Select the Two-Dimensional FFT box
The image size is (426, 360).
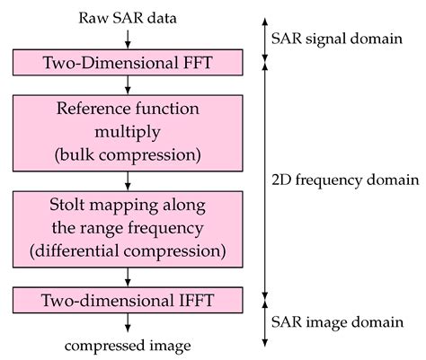click(131, 63)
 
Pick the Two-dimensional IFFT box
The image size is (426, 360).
click(131, 298)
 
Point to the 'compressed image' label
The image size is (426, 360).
click(131, 344)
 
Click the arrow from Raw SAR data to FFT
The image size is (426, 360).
click(131, 38)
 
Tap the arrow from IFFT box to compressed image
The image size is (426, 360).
click(131, 321)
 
